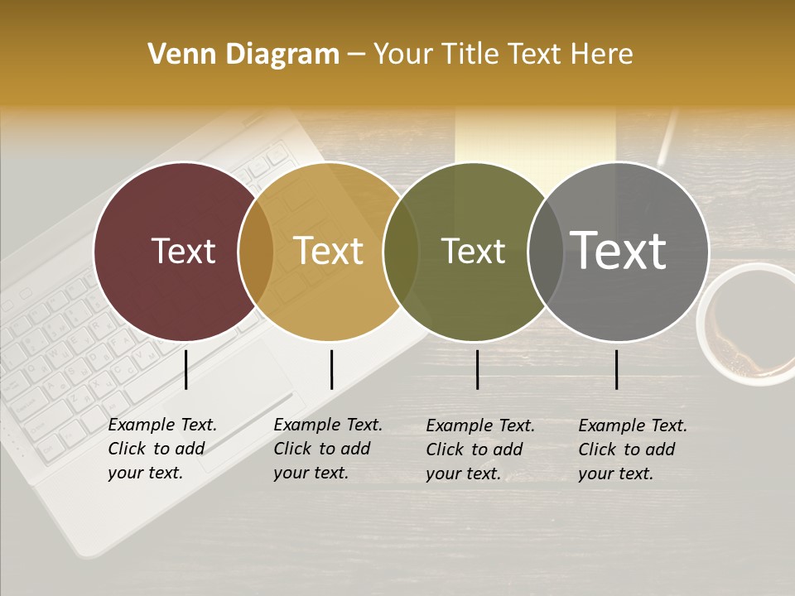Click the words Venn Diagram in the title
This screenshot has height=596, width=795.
tap(243, 55)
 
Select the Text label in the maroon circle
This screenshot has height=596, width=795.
tap(183, 252)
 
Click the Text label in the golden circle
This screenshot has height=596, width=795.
tap(329, 252)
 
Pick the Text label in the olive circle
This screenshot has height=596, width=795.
tap(473, 252)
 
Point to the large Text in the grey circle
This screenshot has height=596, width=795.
tap(619, 250)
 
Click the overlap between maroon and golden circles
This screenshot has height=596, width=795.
tap(256, 252)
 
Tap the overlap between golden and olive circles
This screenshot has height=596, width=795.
tap(401, 252)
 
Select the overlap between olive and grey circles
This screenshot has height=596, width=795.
tap(545, 252)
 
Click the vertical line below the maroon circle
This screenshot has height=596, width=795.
tap(186, 369)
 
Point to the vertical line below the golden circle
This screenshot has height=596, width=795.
tap(331, 369)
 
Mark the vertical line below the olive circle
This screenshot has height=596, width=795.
tap(478, 369)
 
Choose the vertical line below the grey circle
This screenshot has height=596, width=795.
tap(617, 369)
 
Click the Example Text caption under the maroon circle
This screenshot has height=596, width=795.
tap(161, 449)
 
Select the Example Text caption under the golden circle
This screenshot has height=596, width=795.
tap(327, 449)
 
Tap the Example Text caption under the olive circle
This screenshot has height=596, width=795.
tap(479, 449)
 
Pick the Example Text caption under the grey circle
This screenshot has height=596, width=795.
tap(632, 449)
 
